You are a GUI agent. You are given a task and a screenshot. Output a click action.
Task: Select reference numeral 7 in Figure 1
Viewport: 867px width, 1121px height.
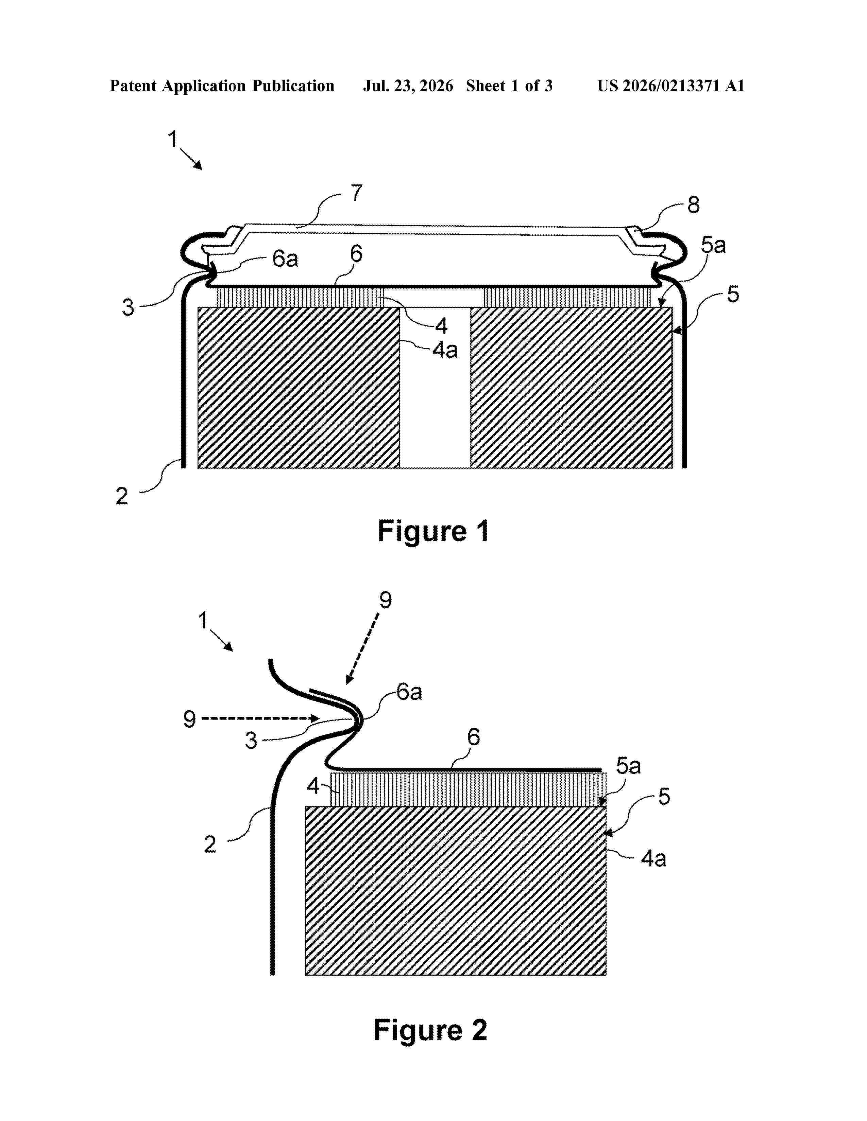(x=356, y=194)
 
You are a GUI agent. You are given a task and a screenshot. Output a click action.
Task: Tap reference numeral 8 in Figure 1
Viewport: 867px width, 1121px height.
(x=693, y=205)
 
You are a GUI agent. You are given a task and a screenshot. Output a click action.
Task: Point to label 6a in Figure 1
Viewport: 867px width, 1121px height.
(x=285, y=259)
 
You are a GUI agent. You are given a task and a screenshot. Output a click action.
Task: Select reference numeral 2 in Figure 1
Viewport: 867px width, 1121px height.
(x=122, y=496)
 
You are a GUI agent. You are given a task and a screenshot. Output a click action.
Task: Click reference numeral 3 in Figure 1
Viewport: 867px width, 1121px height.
(x=128, y=307)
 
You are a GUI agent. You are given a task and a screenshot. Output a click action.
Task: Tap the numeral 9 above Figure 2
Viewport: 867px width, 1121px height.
(x=385, y=600)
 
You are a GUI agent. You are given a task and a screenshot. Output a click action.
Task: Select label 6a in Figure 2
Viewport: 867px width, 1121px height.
(x=409, y=692)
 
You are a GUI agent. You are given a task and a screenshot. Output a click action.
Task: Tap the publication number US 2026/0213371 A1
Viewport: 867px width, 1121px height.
(x=671, y=86)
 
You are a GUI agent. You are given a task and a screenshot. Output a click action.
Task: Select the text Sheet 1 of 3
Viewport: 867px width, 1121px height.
(x=509, y=86)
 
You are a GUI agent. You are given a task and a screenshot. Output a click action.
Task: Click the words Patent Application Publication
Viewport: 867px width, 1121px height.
(x=222, y=86)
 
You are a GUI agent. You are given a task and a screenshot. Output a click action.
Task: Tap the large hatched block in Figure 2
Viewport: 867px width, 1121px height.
(x=456, y=891)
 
